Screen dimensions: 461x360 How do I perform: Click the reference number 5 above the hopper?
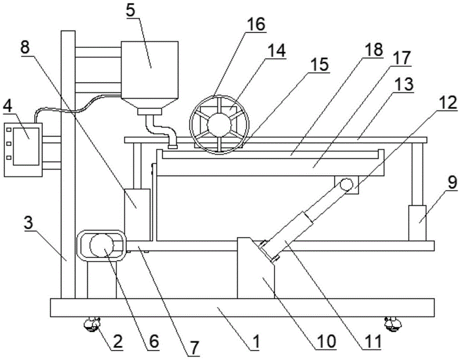click(131, 11)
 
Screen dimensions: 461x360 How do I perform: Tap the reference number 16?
click(256, 24)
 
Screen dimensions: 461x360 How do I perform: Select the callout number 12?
click(448, 103)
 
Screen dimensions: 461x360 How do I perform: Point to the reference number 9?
click(453, 183)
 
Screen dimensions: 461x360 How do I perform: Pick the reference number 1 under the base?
click(256, 342)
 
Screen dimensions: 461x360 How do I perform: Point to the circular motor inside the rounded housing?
click(102, 246)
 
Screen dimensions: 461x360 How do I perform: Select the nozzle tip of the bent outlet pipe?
click(172, 146)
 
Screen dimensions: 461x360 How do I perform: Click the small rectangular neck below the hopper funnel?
click(150, 112)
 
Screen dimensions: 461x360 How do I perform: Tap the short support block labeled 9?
click(417, 223)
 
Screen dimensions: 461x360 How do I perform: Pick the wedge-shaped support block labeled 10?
click(256, 268)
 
